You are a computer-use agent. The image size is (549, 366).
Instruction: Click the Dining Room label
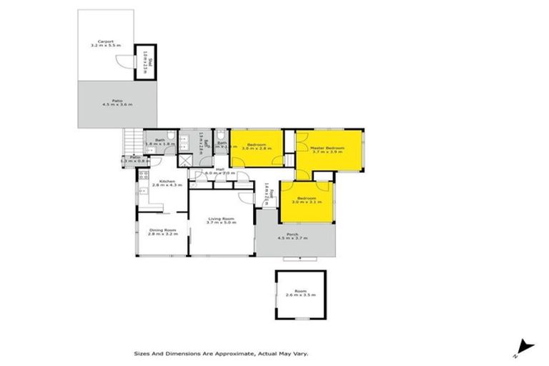tap(162, 230)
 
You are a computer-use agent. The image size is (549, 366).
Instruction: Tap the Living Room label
tap(222, 219)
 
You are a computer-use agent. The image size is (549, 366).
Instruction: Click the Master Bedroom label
tap(328, 148)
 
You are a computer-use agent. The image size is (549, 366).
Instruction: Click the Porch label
tap(294, 234)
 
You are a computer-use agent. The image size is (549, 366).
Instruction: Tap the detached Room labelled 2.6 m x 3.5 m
tap(300, 291)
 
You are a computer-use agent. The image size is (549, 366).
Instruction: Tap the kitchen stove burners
tap(143, 176)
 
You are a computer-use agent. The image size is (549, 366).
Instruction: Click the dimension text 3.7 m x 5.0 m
tap(222, 223)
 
